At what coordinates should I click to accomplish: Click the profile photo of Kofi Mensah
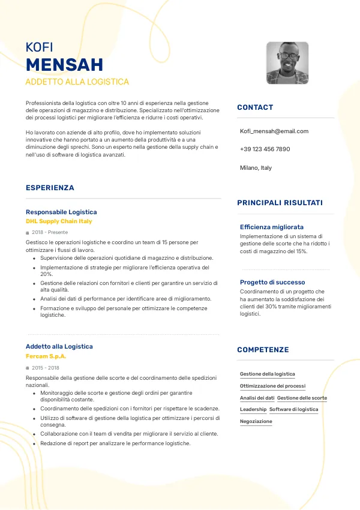tap(287, 62)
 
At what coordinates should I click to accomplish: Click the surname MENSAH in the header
tap(64, 65)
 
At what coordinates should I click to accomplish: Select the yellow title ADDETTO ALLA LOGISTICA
tap(77, 82)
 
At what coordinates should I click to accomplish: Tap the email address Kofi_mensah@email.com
tap(274, 131)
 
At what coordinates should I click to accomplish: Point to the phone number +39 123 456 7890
tap(265, 149)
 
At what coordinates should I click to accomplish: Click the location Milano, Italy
tap(256, 168)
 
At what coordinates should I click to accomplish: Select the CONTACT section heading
tap(255, 107)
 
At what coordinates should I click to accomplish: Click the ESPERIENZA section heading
tap(50, 188)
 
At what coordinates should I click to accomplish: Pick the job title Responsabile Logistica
tap(61, 212)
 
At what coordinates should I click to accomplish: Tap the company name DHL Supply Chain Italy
tap(59, 221)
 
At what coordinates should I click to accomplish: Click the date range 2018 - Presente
tap(50, 232)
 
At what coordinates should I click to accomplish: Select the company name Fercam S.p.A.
tap(46, 356)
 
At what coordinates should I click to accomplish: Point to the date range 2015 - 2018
tap(46, 367)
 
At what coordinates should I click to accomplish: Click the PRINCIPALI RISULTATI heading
tap(280, 203)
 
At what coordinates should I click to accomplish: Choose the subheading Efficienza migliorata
tap(272, 227)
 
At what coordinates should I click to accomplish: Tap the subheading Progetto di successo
tap(272, 282)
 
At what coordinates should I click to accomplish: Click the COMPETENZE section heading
tap(263, 350)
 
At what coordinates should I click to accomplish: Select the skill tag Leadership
tap(253, 409)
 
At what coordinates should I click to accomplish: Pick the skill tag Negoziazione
tap(256, 421)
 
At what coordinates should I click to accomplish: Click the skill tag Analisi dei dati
tap(257, 398)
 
